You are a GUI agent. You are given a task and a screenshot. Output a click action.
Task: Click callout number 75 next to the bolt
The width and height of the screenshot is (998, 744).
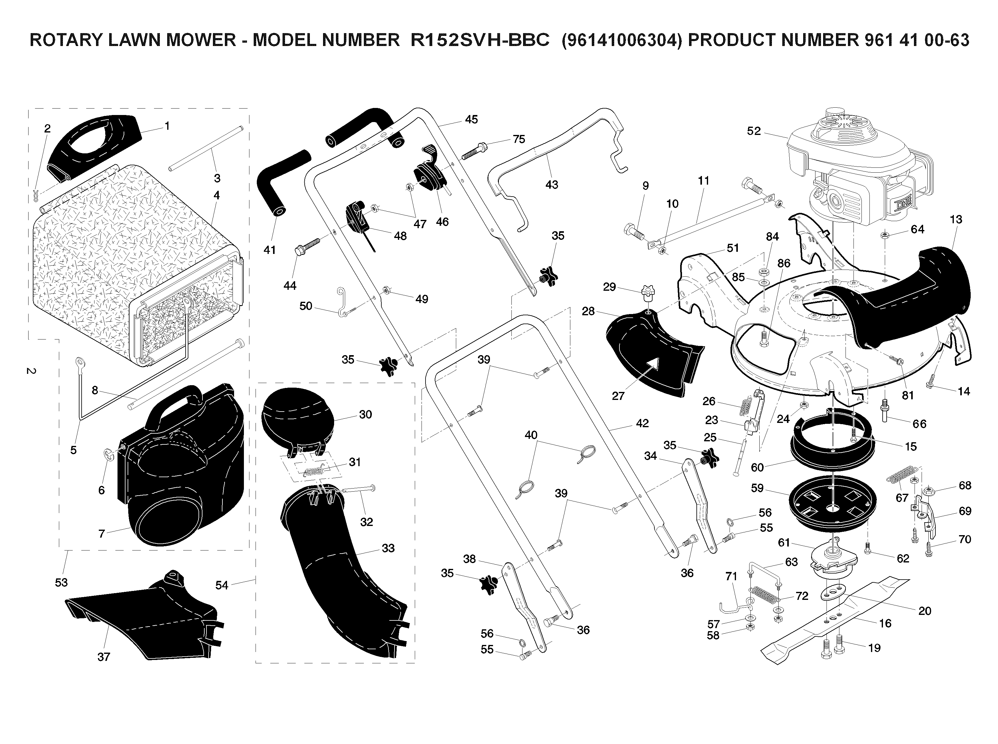click(x=519, y=139)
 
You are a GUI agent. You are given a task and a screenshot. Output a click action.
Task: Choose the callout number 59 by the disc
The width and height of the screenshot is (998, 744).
click(x=757, y=488)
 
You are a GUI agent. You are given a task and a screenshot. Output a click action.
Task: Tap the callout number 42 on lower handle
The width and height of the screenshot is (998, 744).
click(x=642, y=423)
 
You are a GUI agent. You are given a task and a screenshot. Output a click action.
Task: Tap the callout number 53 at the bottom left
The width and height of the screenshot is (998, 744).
click(x=61, y=582)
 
